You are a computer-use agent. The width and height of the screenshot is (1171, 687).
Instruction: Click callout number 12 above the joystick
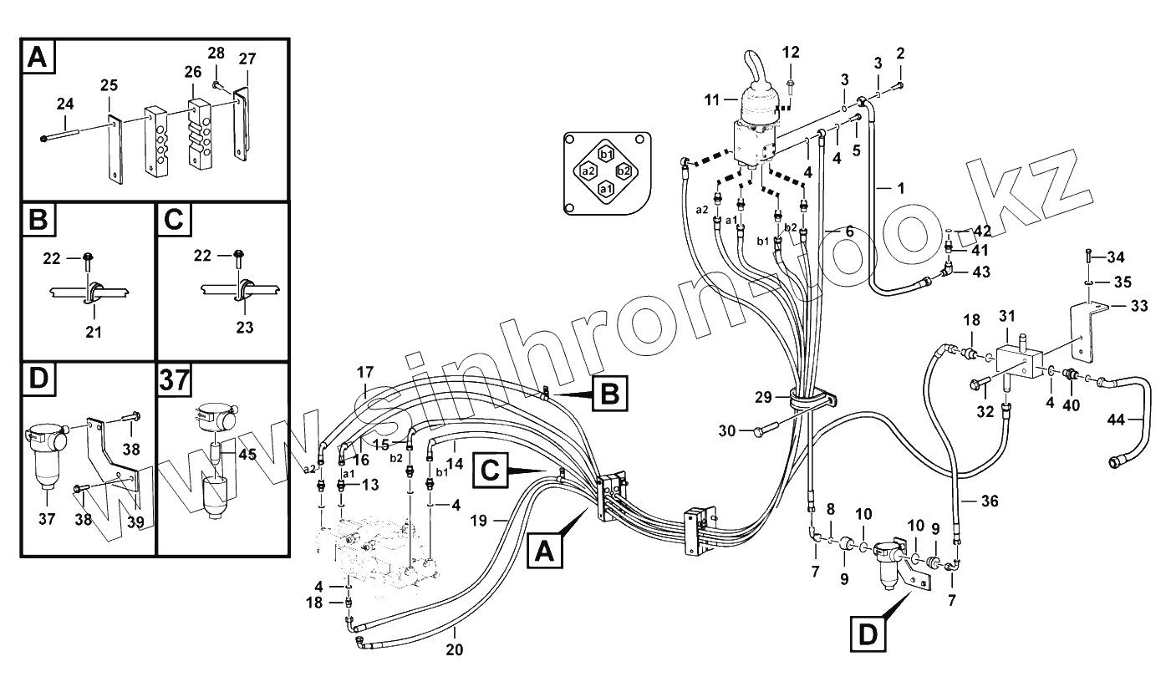791,53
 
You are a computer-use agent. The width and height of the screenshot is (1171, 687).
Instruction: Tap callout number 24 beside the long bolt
65,104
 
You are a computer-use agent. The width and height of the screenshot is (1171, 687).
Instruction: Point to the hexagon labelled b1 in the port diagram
606,153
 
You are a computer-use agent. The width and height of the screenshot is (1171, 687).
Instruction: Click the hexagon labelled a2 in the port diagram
588,170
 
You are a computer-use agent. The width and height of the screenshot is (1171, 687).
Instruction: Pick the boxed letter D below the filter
869,636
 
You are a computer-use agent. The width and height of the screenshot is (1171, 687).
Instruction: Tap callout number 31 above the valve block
1006,316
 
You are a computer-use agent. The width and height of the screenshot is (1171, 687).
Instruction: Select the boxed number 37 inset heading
174,381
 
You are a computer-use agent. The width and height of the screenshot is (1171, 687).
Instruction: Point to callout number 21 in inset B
94,332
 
